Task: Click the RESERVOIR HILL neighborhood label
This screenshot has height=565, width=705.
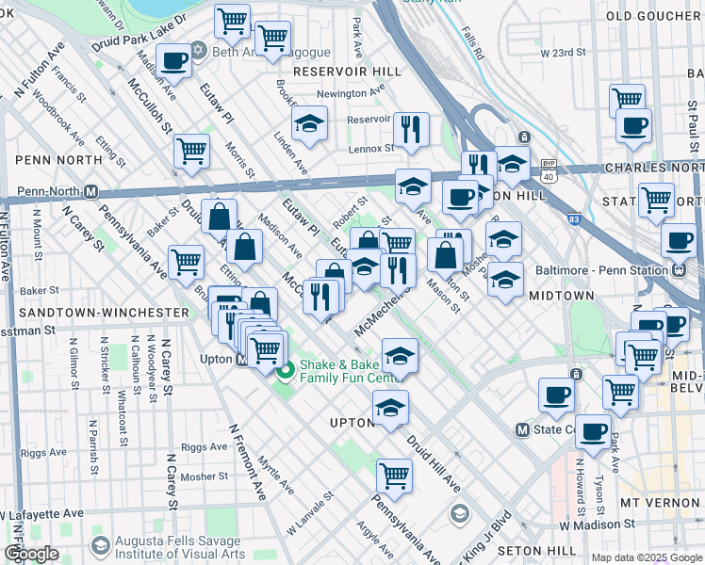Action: pos(339,72)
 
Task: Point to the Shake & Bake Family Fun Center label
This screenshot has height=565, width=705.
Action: pos(348,371)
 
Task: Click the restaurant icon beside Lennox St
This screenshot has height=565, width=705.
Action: pos(411,129)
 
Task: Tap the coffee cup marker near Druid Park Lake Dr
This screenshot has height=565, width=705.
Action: pos(173,61)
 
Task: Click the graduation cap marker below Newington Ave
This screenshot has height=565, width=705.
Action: pos(309,123)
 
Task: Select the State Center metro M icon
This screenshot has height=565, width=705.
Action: pos(524,429)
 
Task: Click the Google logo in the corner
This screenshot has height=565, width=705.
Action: pos(31,554)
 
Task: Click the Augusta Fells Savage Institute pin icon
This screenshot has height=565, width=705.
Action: pos(100,546)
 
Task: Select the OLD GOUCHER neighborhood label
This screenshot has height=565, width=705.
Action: pos(656,16)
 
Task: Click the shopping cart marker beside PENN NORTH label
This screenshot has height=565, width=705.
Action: pos(191,150)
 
